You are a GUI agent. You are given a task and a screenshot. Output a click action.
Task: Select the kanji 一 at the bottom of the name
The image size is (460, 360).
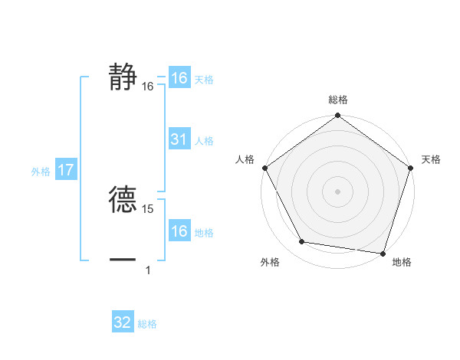(123, 260)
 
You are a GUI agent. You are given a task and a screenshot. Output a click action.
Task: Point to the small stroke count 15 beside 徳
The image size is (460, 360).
(149, 208)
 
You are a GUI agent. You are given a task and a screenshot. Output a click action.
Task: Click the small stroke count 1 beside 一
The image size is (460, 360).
(147, 270)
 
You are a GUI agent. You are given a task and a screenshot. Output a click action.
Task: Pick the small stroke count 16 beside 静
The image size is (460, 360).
(148, 87)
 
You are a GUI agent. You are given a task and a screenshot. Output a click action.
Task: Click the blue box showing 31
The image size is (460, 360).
(179, 139)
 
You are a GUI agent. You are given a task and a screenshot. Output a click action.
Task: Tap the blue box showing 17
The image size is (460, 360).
(65, 170)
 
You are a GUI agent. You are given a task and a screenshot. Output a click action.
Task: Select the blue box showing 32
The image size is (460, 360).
(123, 322)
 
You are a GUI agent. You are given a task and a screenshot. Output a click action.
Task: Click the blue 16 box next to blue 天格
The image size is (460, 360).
(179, 78)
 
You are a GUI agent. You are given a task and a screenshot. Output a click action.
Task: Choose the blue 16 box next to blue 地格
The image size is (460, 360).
(179, 231)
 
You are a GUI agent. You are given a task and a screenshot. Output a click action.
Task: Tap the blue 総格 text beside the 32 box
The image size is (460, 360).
(147, 324)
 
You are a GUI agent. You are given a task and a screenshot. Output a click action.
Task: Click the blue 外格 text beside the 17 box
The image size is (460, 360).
(41, 172)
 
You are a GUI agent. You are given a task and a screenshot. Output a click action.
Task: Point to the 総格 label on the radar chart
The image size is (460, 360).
(338, 100)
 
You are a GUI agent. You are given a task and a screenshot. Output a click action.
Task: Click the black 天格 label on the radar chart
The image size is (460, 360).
(431, 159)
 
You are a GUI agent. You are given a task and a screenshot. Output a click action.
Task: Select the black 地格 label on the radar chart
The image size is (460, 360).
(402, 262)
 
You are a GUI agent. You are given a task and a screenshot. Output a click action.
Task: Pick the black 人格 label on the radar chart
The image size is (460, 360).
(245, 159)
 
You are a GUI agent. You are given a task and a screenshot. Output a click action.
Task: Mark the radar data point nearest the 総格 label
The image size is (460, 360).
(338, 116)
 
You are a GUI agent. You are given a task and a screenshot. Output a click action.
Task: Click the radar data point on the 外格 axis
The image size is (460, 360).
(302, 242)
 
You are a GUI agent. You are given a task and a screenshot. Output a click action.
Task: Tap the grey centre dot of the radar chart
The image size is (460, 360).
(338, 191)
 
